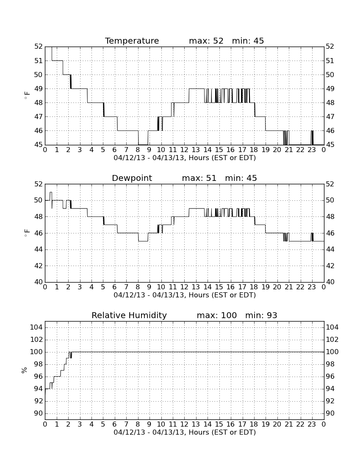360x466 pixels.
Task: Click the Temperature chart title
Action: click(x=132, y=41)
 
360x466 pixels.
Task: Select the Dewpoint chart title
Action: click(x=132, y=178)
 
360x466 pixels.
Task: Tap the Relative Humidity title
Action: click(x=129, y=315)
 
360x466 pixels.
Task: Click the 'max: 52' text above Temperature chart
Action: click(x=206, y=41)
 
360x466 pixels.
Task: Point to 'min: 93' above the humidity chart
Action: click(x=261, y=315)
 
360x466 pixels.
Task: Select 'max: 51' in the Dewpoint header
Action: click(x=199, y=178)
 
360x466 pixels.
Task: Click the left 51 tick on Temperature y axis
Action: click(x=39, y=61)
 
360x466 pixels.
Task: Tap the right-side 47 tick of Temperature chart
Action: click(x=330, y=116)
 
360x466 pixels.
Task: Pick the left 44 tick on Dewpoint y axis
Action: click(x=39, y=250)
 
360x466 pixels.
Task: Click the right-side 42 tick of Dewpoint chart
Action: click(x=330, y=266)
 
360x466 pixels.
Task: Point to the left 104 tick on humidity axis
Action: click(x=36, y=327)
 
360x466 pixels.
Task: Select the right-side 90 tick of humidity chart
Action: click(x=330, y=413)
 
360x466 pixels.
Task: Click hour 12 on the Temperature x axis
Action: click(x=184, y=150)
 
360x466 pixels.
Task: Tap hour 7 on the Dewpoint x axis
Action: click(x=126, y=287)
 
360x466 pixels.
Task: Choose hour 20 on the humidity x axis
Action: click(x=277, y=424)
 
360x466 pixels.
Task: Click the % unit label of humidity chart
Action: click(x=25, y=370)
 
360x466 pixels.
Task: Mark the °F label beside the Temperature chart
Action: click(x=27, y=95)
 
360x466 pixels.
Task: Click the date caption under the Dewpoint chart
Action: click(x=185, y=295)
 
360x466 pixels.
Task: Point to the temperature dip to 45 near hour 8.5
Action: click(x=143, y=144)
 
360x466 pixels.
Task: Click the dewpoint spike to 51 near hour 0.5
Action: click(x=51, y=192)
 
